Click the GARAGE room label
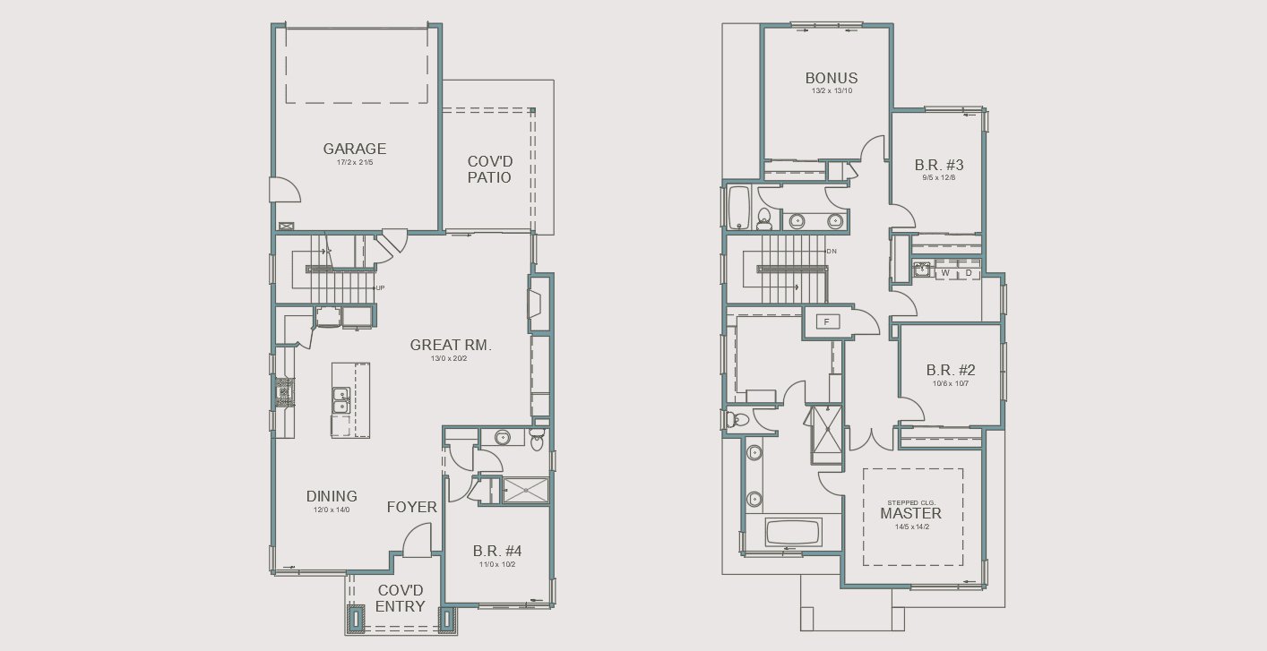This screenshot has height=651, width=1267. coord(355,150)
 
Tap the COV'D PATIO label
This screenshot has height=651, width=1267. coord(489,170)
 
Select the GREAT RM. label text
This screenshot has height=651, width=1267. coord(451,345)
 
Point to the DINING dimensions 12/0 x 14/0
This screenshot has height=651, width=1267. coord(332,510)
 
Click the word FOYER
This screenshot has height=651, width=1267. coord(411,507)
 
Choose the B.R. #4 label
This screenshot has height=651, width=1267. coord(497,551)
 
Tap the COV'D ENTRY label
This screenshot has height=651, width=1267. coord(401,599)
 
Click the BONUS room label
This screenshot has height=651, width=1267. coord(831,78)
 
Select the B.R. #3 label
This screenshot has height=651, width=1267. coord(938,165)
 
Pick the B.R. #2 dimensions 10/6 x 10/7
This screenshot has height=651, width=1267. coord(951,383)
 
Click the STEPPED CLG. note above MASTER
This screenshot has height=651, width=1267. coord(910,502)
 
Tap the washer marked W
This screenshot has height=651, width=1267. coord(945,273)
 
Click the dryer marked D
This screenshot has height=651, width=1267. coord(968,273)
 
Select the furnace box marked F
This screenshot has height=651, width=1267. coord(827,321)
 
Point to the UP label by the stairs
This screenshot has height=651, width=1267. coord(380,287)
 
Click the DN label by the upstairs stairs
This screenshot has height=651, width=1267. coord(832,252)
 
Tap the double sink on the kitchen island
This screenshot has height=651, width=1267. coord(340,399)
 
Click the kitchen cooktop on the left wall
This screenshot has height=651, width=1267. coord(284,392)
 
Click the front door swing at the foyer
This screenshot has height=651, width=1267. coord(418,541)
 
